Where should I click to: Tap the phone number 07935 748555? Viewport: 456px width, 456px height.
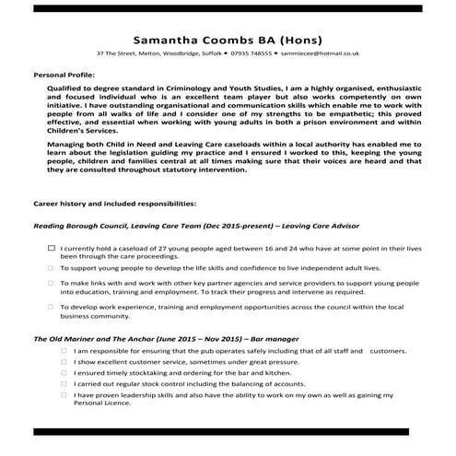coord(247,54)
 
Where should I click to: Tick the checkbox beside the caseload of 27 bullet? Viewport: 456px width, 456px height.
coord(52,249)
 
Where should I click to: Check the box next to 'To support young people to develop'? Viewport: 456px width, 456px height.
coord(52,267)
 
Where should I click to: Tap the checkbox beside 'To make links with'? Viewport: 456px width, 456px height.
coord(52,283)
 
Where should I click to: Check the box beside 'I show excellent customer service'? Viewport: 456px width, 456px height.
coord(64,362)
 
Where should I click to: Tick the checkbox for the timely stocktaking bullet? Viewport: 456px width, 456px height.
coord(64,373)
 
